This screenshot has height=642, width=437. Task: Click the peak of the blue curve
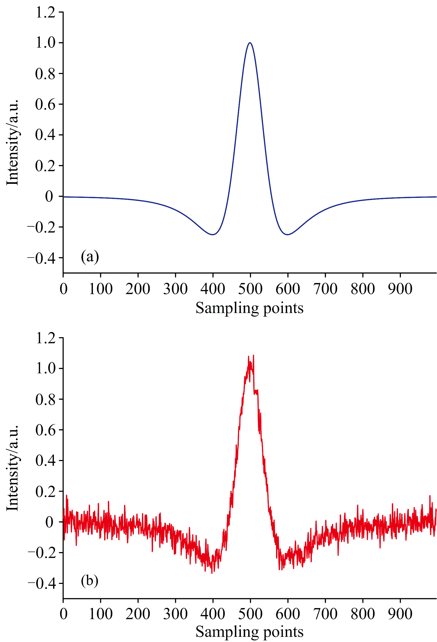pos(250,42)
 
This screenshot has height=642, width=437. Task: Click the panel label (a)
pos(90,257)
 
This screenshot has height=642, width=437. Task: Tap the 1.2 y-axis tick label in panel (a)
pos(45,12)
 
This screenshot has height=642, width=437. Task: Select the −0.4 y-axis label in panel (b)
pos(41,583)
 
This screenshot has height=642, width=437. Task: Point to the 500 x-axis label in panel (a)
pos(250,289)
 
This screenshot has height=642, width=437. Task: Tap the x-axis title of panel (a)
pos(249,308)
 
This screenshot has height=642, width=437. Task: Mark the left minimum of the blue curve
pos(213,235)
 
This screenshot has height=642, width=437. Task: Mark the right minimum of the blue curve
pos(288,235)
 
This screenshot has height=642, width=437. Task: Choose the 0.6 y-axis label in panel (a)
pos(45,105)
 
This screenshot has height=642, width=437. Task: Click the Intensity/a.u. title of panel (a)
pos(13,142)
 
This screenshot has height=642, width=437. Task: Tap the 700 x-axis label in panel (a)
pos(325,289)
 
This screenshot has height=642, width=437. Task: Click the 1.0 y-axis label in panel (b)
pos(45,368)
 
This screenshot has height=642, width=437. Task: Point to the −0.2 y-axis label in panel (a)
pos(41,227)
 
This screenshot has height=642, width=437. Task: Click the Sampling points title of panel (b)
pos(249,632)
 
